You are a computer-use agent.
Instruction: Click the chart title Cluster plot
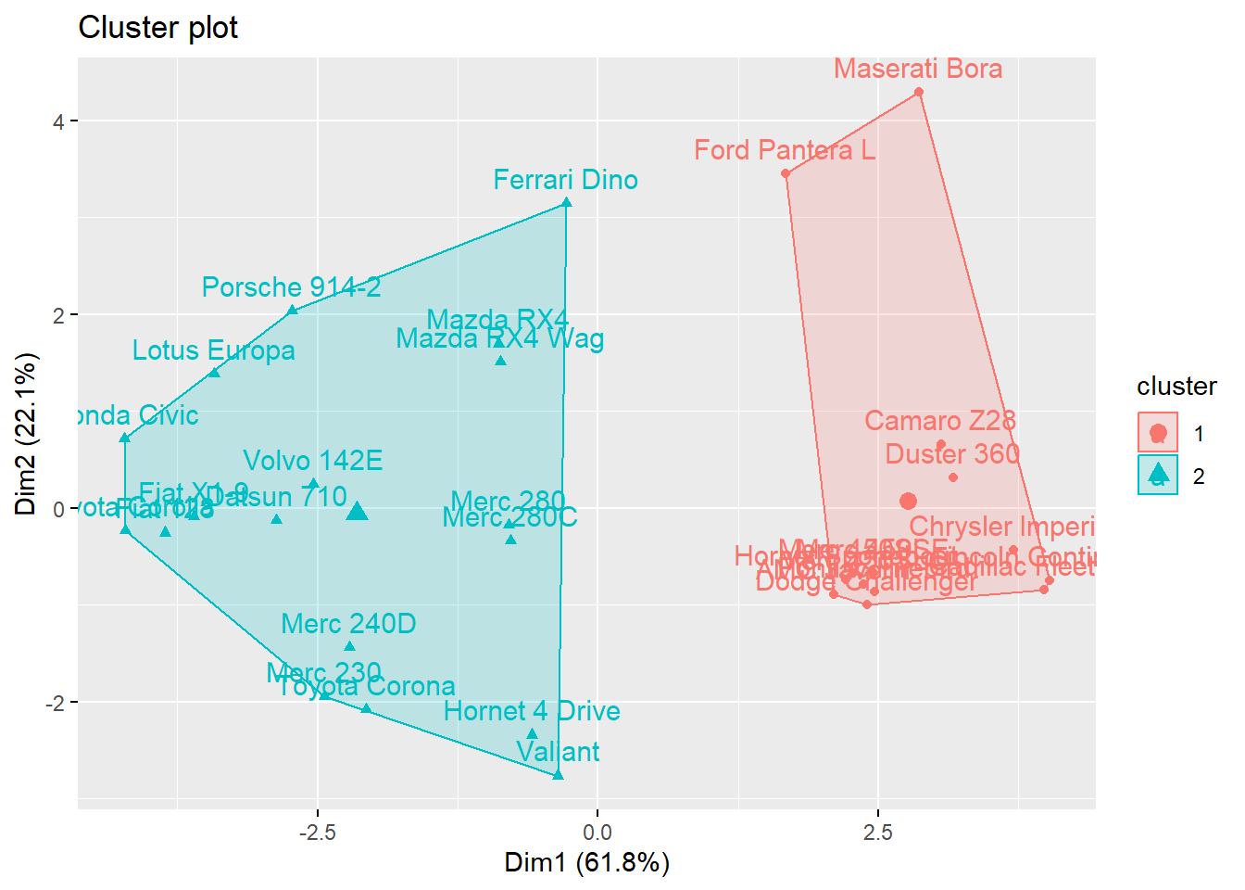[157, 28]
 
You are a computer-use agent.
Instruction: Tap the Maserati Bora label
[917, 69]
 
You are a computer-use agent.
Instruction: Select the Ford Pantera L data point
[786, 173]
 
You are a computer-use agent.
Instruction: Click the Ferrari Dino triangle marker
[566, 202]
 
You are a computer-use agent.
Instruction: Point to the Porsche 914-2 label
[291, 287]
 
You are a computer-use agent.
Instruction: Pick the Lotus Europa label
[213, 350]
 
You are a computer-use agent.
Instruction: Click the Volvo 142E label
[312, 461]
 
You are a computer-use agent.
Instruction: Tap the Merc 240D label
[348, 624]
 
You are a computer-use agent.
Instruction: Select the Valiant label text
[558, 752]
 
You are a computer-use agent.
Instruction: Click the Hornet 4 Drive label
[532, 711]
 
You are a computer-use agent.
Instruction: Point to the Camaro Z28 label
[939, 421]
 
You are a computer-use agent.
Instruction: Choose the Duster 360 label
[952, 454]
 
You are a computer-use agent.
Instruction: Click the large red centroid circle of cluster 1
[908, 501]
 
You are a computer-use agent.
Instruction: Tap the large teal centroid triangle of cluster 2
[358, 511]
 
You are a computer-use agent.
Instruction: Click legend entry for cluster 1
[1158, 433]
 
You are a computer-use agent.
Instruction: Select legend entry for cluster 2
[1158, 476]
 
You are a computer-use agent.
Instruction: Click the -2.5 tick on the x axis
[317, 833]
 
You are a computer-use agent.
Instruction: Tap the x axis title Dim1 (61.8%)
[586, 863]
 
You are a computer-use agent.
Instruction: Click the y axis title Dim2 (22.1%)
[26, 433]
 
